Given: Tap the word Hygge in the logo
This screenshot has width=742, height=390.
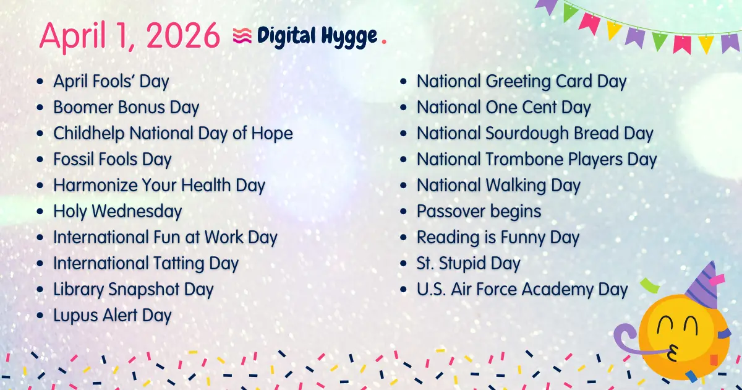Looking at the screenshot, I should (350, 36).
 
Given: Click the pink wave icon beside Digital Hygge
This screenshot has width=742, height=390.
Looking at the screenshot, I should (242, 36).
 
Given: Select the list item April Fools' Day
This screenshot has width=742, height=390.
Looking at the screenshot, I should (111, 81).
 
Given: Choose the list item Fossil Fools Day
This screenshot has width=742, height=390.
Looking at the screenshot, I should (112, 159).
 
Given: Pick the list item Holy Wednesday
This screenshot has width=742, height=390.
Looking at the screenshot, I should (117, 211).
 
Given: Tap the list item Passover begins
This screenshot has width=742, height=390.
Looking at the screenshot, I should (479, 211).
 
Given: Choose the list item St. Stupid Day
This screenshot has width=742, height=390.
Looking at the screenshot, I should (468, 263).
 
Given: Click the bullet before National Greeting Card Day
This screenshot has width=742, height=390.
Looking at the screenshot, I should (404, 82).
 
